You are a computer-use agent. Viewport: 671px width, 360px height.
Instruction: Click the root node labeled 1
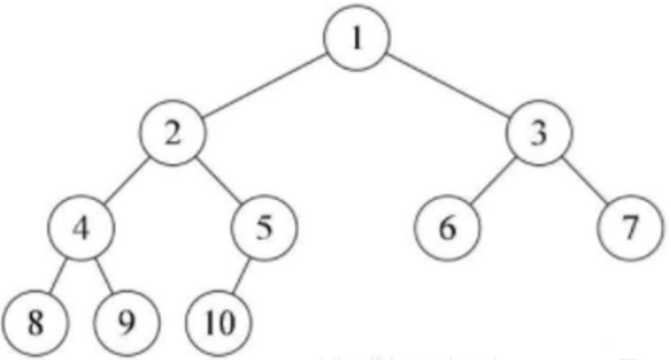click(x=356, y=40)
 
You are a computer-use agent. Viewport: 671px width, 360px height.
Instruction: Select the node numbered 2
click(x=173, y=135)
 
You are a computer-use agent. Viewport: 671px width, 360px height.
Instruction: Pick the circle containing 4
click(x=82, y=228)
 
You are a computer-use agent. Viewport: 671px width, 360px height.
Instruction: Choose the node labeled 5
click(x=263, y=228)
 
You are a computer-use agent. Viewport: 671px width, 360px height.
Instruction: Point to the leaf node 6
click(x=447, y=228)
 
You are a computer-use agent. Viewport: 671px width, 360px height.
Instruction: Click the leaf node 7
click(x=630, y=228)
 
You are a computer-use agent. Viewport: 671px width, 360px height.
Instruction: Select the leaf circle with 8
click(x=34, y=320)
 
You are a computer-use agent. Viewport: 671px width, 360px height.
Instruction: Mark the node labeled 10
click(x=218, y=320)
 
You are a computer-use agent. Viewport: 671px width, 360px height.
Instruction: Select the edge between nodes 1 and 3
click(x=447, y=87)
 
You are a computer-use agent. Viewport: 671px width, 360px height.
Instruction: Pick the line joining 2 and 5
click(x=218, y=181)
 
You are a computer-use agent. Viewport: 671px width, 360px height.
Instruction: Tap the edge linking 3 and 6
click(x=494, y=181)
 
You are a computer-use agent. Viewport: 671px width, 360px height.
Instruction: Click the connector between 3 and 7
click(x=584, y=181)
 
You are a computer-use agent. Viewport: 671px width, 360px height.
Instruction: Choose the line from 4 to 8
click(x=58, y=274)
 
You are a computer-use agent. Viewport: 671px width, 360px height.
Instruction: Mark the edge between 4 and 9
click(x=105, y=274)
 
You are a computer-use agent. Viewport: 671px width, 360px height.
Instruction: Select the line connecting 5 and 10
click(x=241, y=274)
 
